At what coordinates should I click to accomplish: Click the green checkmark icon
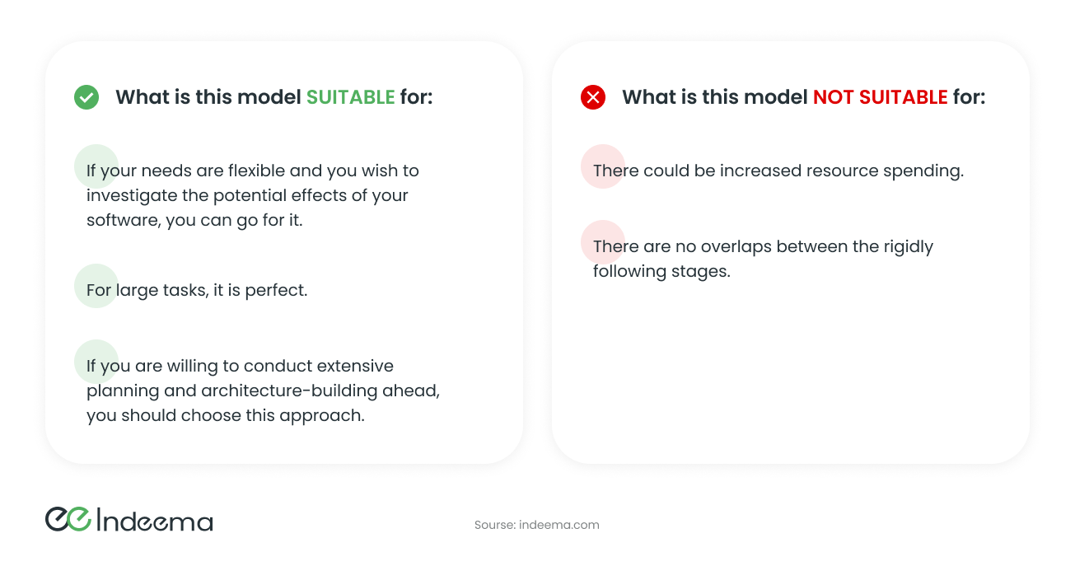tap(86, 97)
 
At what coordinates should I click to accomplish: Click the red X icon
tap(593, 97)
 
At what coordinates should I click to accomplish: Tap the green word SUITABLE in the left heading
tap(351, 97)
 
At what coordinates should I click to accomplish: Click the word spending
tap(923, 171)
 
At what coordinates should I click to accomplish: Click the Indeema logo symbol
tap(68, 519)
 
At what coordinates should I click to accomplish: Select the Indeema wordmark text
tap(155, 521)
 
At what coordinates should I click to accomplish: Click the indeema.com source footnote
tap(537, 525)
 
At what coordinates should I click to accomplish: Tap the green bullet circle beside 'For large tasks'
tap(96, 286)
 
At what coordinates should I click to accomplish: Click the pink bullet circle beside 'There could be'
tap(602, 167)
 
